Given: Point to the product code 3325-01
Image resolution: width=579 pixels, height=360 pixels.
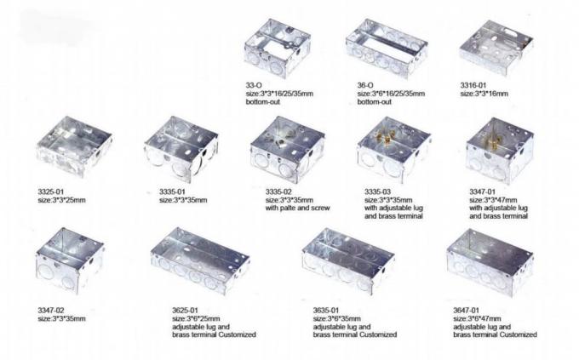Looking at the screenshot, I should pos(54,191).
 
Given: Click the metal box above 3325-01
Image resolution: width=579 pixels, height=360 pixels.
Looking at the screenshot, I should pos(74,154).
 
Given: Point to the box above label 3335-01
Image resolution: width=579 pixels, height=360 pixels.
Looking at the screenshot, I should pos(182,152).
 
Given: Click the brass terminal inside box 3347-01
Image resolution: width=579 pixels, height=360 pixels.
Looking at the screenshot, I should pos(496,135).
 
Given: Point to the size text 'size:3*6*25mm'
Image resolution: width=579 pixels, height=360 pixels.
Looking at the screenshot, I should pos(198,317).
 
